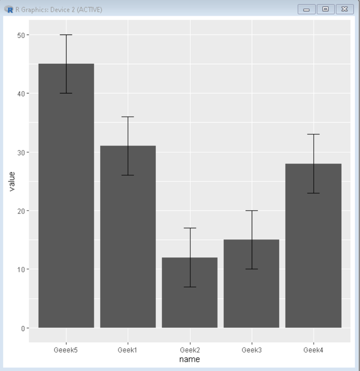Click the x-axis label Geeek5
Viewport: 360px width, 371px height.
pos(66,350)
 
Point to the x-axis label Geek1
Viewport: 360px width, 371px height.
pos(128,350)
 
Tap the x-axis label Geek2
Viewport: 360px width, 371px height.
pos(190,350)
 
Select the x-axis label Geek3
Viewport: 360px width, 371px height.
pos(251,350)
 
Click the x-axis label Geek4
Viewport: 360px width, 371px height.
pos(313,350)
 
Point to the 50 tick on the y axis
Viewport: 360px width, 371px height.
pos(22,35)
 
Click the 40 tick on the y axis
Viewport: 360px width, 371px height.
pos(22,93)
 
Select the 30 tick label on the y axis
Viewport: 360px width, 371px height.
pos(22,152)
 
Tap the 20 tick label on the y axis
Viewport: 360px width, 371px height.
pos(22,211)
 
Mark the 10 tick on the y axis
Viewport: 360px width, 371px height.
pos(22,269)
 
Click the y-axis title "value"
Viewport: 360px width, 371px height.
pos(12,181)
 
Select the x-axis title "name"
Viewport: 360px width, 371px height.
pos(189,359)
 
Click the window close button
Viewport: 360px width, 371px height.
pos(345,9)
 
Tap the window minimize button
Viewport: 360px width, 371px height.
pos(306,9)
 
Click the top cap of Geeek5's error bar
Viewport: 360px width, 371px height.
pos(66,35)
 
